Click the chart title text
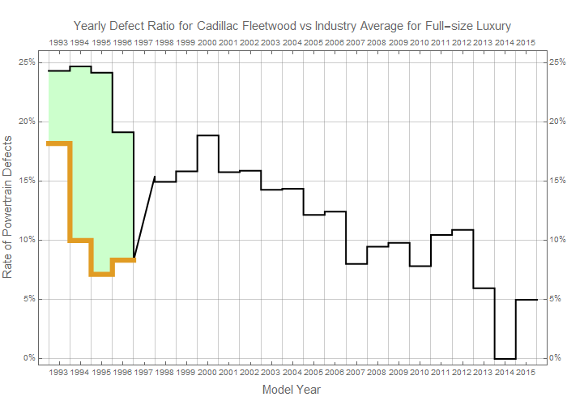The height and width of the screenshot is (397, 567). click(292, 25)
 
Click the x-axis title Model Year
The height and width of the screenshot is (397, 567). click(292, 390)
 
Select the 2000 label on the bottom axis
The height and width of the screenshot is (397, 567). click(207, 372)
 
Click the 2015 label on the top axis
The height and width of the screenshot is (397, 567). click(526, 41)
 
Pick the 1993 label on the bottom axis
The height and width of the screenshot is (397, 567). click(58, 372)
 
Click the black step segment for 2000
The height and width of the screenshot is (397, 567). click(207, 135)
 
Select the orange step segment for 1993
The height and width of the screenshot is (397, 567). click(58, 143)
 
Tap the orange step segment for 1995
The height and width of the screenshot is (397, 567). click(101, 275)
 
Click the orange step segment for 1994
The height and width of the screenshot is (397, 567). click(80, 240)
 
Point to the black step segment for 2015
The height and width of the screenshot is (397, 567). click(526, 300)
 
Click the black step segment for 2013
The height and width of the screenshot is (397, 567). click(484, 288)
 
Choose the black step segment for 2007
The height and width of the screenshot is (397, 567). click(356, 263)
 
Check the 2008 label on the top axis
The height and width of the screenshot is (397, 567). click(377, 41)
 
